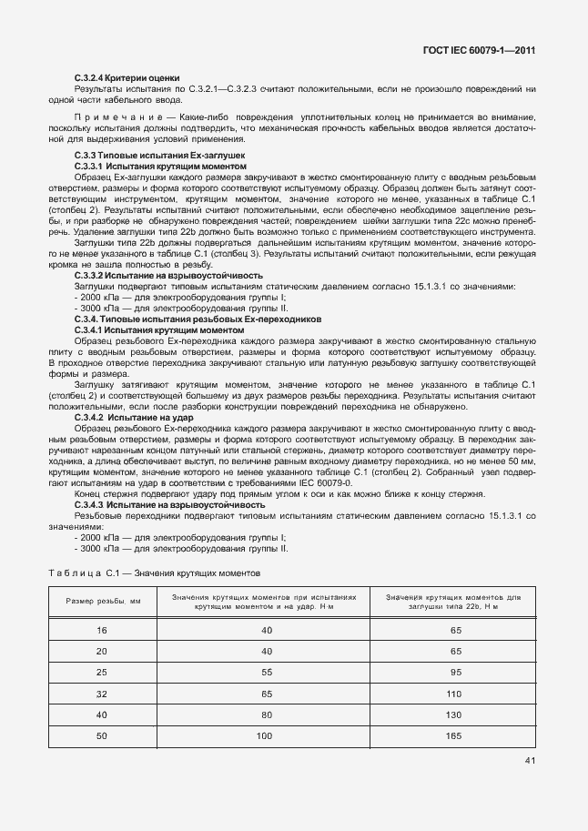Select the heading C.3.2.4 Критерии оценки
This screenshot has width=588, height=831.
tap(127, 79)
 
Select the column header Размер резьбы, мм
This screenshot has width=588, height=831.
tap(102, 602)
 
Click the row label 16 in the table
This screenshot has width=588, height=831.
tap(102, 630)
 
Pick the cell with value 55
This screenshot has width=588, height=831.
tap(266, 672)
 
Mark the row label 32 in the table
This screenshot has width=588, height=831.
tap(102, 693)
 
